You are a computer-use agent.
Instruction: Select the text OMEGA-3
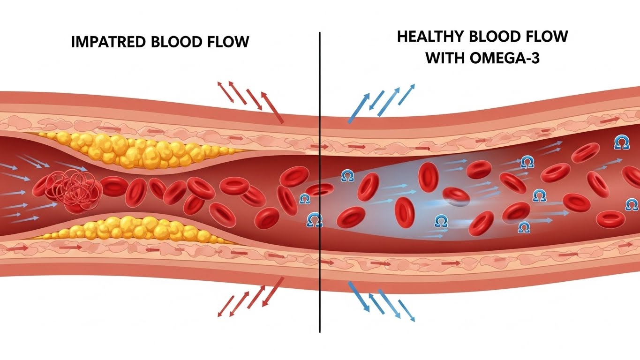coord(511,60)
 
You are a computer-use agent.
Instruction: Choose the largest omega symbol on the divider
coord(315,219)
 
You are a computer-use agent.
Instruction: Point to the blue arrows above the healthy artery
coord(380,103)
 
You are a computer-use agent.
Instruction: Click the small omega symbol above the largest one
coord(304,198)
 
